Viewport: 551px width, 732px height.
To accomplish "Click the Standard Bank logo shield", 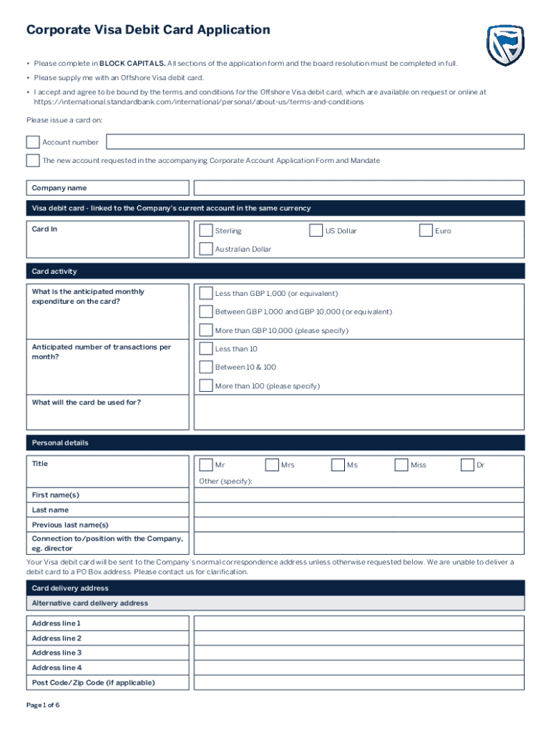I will (x=506, y=44).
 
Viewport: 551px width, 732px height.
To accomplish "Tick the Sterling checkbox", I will (x=205, y=230).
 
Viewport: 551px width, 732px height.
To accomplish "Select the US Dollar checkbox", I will (x=316, y=230).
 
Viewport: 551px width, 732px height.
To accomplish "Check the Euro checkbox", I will (x=426, y=230).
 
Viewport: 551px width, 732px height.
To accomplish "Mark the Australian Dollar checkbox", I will (x=205, y=249).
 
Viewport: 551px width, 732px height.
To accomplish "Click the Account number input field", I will (x=315, y=142).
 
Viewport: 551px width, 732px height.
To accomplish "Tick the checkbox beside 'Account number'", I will (x=33, y=142).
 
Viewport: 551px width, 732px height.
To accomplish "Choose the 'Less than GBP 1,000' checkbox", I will (x=205, y=293).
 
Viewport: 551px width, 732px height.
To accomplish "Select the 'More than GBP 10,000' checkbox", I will (x=205, y=330).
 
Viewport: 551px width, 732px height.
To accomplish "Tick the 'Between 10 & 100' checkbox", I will (x=205, y=367).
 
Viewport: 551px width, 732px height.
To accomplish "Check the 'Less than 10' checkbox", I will (x=205, y=348).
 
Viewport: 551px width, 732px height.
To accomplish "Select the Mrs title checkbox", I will (x=271, y=465).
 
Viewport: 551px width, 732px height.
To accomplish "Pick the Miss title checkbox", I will (x=401, y=465).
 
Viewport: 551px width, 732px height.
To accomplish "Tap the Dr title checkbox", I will (x=467, y=465).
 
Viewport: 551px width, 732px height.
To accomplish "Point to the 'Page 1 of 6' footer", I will (x=43, y=705).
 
